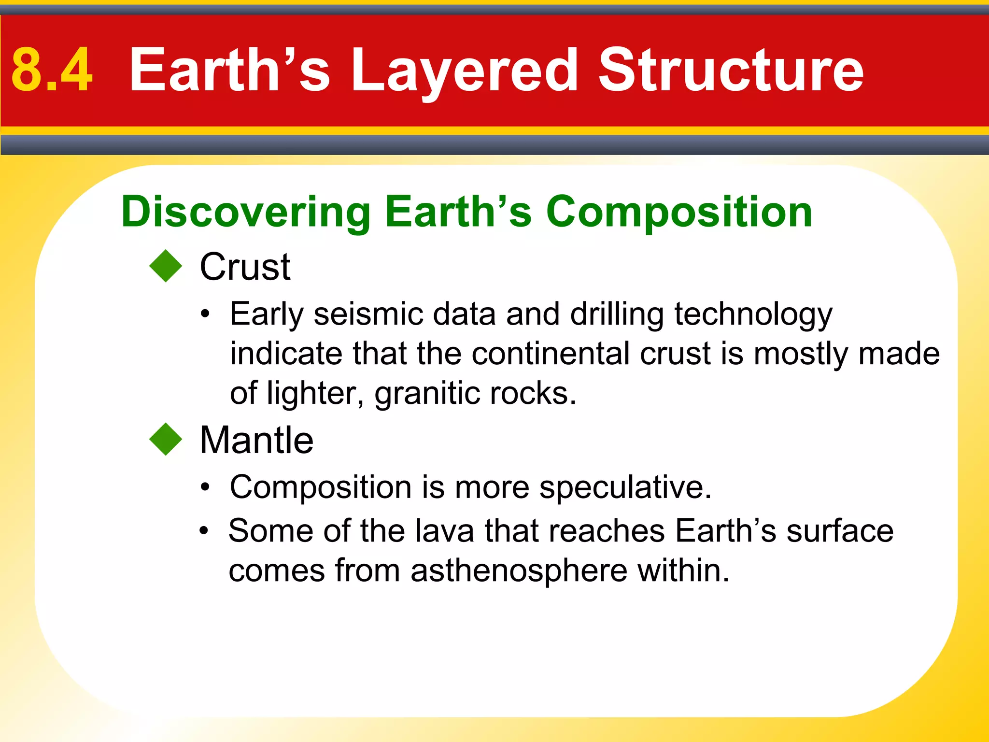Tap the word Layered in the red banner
click(464, 71)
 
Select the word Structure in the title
click(731, 71)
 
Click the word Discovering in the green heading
click(245, 212)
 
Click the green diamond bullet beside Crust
click(166, 266)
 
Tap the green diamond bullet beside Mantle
click(166, 439)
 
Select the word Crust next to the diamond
click(245, 267)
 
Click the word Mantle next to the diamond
click(256, 440)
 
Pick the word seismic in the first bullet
click(368, 314)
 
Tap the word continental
click(551, 354)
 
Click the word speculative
click(625, 487)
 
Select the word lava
click(445, 531)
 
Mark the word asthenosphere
click(519, 571)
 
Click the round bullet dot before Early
click(206, 314)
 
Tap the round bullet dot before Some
click(204, 531)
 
